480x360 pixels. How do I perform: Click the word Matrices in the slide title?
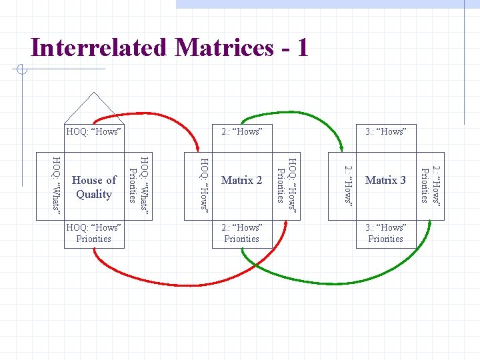(215, 47)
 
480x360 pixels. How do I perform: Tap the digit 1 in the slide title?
(302, 47)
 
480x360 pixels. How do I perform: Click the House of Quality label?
(94, 187)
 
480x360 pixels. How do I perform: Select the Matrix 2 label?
(241, 180)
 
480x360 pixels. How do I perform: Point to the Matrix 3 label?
(385, 180)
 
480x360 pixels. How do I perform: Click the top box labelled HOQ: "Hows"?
(94, 131)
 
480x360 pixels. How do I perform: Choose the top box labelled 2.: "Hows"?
(241, 131)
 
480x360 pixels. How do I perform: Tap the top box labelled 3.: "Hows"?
(385, 131)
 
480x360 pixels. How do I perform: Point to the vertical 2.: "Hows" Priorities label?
(430, 183)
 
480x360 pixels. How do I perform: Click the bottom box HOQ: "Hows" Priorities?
(94, 233)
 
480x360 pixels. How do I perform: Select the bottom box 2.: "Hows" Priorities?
(241, 233)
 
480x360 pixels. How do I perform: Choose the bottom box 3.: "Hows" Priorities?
(385, 233)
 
